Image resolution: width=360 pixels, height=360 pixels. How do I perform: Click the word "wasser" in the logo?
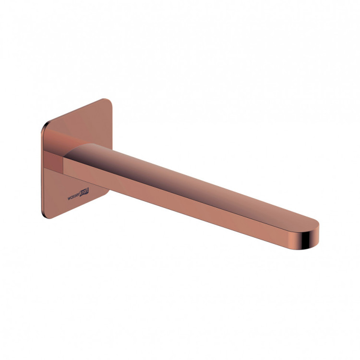[x=73, y=197]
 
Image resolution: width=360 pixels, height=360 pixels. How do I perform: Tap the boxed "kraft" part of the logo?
[x=84, y=192]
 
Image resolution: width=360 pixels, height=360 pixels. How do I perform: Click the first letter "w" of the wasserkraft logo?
[x=69, y=199]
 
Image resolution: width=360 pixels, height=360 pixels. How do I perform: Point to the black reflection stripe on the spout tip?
[x=307, y=239]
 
